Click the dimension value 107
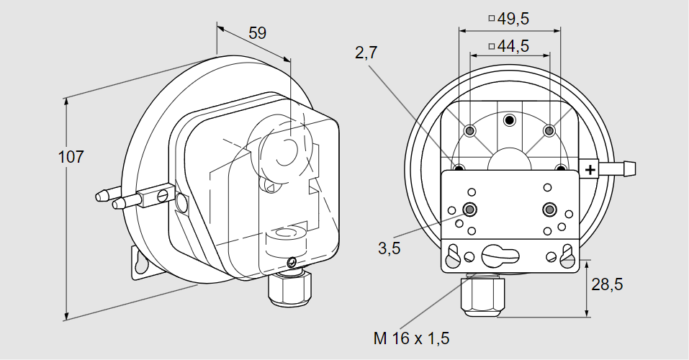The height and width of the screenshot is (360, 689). (71, 157)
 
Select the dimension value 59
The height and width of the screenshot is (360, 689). (257, 33)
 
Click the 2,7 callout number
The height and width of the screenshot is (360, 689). (366, 53)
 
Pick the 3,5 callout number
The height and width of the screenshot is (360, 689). (389, 248)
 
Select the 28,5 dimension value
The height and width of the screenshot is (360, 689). (607, 285)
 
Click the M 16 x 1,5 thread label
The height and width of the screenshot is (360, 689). (411, 338)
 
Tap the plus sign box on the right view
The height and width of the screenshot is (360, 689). (590, 169)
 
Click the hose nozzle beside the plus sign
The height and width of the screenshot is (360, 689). (617, 168)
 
